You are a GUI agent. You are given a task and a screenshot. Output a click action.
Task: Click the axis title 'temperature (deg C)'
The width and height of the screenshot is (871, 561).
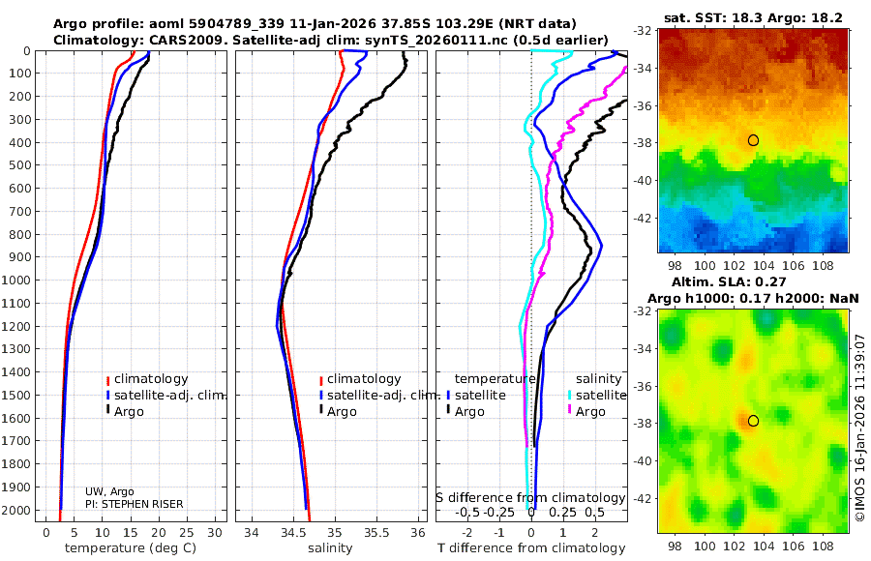(x=132, y=548)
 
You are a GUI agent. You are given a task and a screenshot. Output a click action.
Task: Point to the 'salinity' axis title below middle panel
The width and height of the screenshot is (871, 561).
(x=329, y=548)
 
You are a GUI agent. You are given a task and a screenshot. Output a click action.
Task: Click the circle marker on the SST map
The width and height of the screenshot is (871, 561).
(x=753, y=140)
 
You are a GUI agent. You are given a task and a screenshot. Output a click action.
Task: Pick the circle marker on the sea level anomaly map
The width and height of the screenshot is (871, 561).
(x=753, y=421)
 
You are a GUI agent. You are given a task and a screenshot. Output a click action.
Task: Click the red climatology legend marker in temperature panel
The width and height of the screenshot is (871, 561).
(x=108, y=379)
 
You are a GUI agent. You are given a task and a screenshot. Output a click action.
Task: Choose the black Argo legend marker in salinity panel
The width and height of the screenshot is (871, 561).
(x=320, y=412)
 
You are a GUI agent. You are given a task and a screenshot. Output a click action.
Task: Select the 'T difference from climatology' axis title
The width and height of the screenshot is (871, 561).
(x=531, y=548)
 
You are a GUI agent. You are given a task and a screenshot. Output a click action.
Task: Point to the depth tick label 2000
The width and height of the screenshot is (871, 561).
(x=18, y=511)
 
